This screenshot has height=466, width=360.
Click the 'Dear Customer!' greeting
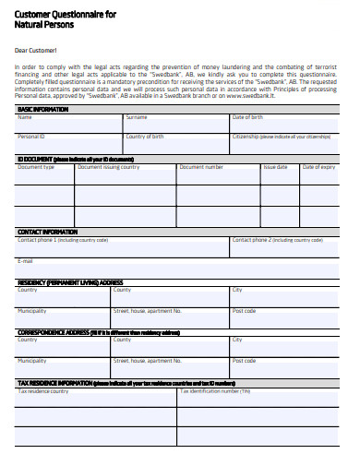(x=36, y=50)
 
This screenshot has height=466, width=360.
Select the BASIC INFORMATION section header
(x=43, y=109)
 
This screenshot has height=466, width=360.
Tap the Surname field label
(x=137, y=117)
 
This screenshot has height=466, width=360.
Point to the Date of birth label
(x=247, y=117)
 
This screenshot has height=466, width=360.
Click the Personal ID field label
(x=31, y=137)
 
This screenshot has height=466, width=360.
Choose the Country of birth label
(x=145, y=137)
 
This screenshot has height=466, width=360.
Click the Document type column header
(x=36, y=167)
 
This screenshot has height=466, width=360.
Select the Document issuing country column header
(x=109, y=167)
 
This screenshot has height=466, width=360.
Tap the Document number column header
(x=201, y=167)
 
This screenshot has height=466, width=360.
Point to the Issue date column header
(x=276, y=167)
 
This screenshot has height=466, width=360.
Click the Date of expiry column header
(x=319, y=167)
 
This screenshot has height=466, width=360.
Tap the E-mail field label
(x=26, y=261)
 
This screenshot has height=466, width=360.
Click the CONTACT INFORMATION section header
(x=48, y=232)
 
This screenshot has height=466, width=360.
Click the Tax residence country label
(x=43, y=390)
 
